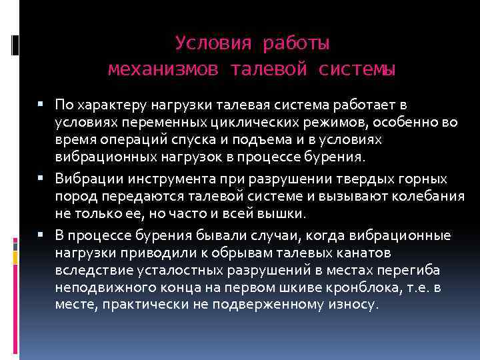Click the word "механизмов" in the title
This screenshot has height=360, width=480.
point(162,69)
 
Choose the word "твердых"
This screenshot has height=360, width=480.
point(319,179)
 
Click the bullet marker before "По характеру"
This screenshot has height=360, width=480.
point(42,105)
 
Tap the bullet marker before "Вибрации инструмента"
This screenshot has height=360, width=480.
point(42,179)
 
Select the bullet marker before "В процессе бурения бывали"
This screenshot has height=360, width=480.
point(42,235)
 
